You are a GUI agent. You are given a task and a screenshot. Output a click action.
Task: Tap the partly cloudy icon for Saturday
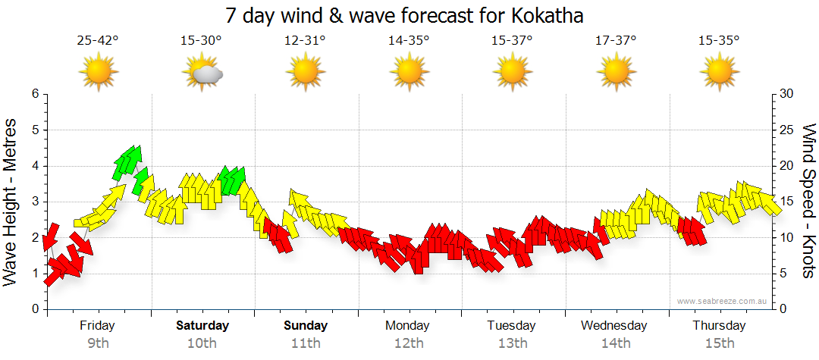tap(202, 73)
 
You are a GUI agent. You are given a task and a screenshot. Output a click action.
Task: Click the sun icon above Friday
tap(99, 73)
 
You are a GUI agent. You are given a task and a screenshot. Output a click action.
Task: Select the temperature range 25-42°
tap(98, 41)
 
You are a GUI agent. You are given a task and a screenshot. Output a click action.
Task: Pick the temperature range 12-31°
tap(305, 41)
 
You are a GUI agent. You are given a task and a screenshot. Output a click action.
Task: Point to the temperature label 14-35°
tap(409, 41)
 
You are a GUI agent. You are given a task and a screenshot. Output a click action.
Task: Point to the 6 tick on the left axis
tap(34, 94)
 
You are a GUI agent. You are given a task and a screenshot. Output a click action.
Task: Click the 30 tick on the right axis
tap(787, 94)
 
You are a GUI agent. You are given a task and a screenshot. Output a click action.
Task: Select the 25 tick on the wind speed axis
tap(787, 130)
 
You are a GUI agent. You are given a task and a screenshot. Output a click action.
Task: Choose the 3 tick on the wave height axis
tap(34, 202)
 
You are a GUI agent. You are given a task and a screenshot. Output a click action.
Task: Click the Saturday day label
tap(202, 326)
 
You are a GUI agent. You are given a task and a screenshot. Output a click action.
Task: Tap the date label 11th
tap(306, 343)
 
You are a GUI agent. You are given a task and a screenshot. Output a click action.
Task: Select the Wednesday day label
tap(614, 326)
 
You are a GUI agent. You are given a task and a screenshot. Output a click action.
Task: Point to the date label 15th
tap(718, 343)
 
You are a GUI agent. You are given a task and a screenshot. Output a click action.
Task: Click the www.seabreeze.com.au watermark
tap(723, 301)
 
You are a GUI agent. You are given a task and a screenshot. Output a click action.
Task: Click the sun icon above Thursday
tap(719, 73)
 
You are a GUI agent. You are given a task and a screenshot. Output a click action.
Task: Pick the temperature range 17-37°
tap(616, 41)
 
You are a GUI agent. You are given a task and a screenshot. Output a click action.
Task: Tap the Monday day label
tap(407, 326)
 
